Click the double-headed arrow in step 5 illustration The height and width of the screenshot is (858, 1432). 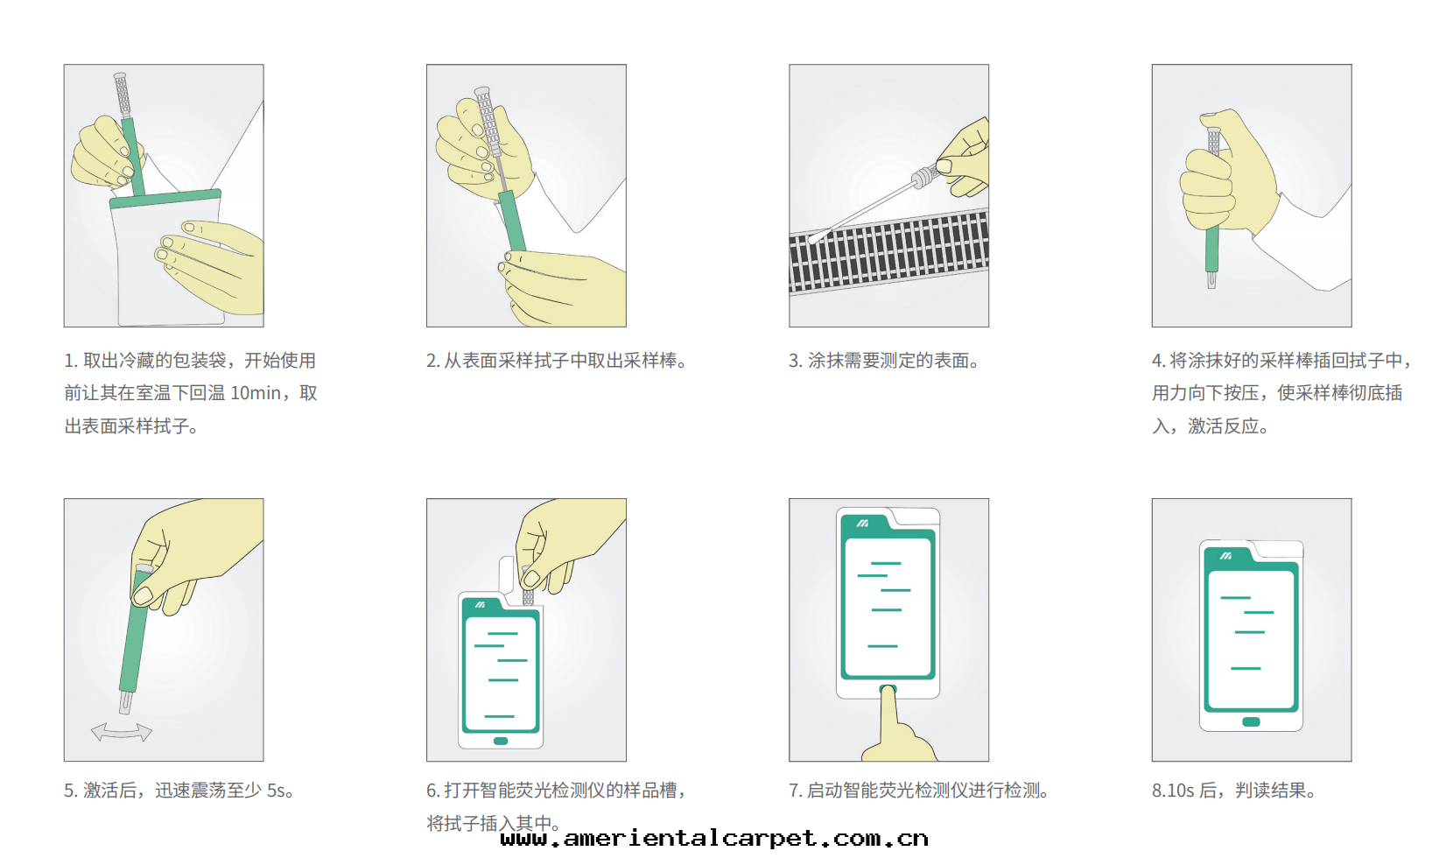(x=122, y=732)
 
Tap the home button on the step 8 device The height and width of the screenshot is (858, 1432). (x=1251, y=722)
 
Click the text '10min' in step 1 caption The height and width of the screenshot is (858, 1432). (x=256, y=393)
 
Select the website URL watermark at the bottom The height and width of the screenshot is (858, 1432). (x=714, y=839)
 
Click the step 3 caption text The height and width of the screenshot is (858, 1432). (x=884, y=361)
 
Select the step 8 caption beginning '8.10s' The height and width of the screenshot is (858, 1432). (x=1233, y=791)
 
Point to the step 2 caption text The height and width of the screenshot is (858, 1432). (x=557, y=361)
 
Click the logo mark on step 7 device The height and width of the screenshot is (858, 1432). (x=862, y=523)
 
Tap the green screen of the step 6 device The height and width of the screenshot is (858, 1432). (x=501, y=674)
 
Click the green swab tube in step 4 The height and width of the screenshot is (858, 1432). (x=1211, y=250)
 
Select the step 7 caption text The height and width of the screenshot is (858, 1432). (x=918, y=791)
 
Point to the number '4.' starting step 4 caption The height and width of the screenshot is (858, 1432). (x=1158, y=361)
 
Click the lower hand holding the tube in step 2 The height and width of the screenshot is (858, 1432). (x=560, y=289)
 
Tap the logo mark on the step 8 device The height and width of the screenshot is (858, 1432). (x=1225, y=556)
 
